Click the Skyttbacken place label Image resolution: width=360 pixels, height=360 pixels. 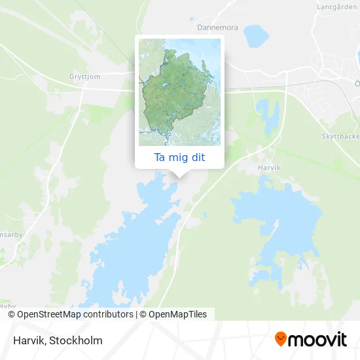(340, 136)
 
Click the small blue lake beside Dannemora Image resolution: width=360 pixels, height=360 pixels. (256, 36)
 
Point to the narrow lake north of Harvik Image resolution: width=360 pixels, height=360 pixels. (268, 115)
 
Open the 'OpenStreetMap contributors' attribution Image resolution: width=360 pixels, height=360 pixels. (75, 314)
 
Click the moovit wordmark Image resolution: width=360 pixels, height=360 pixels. (318, 340)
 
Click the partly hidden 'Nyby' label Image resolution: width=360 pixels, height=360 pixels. (8, 305)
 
